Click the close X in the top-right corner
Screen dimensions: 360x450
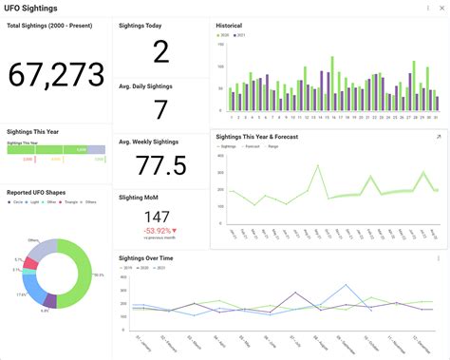pyautogui.click(x=441, y=8)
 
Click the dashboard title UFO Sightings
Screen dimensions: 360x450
pyautogui.click(x=30, y=9)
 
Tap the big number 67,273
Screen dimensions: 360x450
pyautogui.click(x=56, y=75)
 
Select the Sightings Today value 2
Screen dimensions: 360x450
pyautogui.click(x=160, y=52)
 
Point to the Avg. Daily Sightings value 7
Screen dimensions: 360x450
pyautogui.click(x=160, y=110)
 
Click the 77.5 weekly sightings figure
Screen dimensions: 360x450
pyautogui.click(x=160, y=166)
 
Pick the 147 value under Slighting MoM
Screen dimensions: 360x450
pyautogui.click(x=158, y=218)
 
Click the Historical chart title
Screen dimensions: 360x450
pyautogui.click(x=230, y=26)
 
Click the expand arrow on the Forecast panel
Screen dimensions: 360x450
pyautogui.click(x=438, y=137)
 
